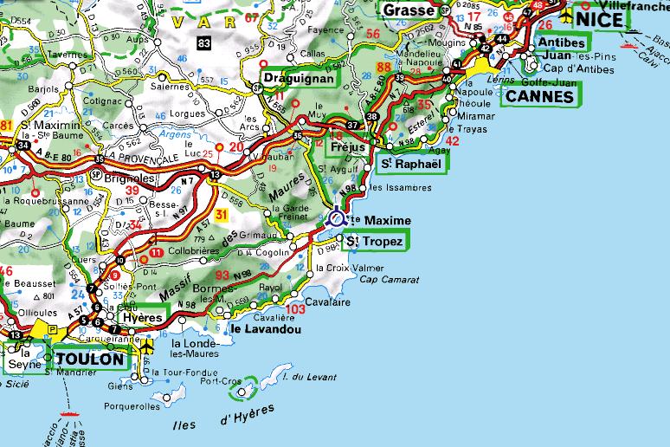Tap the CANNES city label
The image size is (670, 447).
click(x=540, y=96)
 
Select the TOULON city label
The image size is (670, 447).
click(x=91, y=359)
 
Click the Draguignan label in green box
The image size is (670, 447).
click(x=299, y=79)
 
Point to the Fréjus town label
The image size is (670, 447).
click(x=348, y=146)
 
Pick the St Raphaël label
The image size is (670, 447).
click(x=411, y=164)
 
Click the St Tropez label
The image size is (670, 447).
click(x=373, y=242)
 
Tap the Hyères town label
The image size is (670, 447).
click(x=143, y=318)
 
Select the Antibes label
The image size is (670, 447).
click(x=562, y=42)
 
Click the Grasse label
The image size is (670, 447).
click(x=408, y=10)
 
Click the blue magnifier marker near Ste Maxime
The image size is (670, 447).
click(x=338, y=218)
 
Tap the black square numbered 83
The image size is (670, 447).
click(x=203, y=42)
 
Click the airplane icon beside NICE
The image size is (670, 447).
click(x=567, y=16)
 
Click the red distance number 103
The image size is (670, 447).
click(x=296, y=309)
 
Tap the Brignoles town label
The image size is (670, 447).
click(x=131, y=177)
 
